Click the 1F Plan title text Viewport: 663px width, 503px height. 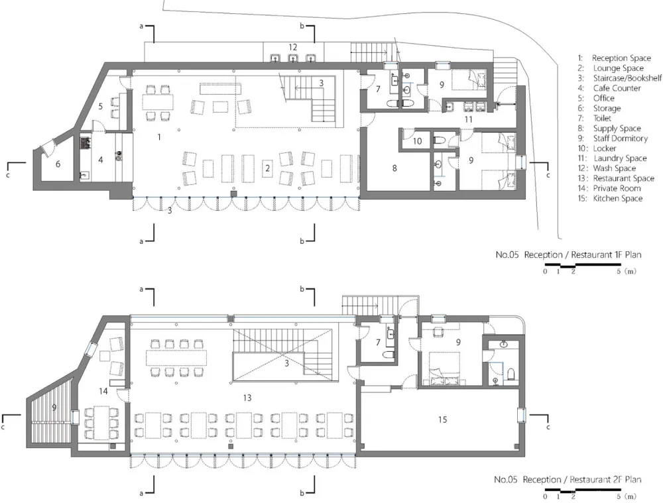568,255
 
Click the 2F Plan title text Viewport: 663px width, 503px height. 568,480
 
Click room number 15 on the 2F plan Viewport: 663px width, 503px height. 442,419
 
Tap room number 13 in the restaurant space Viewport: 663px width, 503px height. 247,398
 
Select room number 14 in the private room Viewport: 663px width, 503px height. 103,392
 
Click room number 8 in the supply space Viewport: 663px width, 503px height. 394,168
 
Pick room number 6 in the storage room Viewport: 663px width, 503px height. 58,164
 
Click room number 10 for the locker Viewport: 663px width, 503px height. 417,141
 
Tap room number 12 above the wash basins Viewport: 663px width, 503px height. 292,47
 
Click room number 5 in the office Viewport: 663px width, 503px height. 101,106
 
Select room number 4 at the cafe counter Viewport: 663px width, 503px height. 101,160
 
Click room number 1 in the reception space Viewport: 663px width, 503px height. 159,137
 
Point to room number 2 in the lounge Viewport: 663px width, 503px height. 267,168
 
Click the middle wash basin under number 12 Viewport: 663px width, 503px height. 292,58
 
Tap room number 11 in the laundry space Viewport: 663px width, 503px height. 468,120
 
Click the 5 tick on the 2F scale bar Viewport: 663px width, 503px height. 619,496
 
